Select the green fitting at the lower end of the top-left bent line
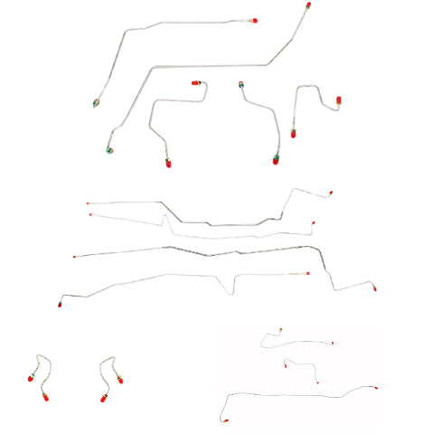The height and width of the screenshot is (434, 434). (x=96, y=102)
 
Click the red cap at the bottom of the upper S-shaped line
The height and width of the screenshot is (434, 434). (x=167, y=164)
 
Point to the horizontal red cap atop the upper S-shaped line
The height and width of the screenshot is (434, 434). (x=195, y=83)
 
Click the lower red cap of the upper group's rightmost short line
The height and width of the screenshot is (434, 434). (x=294, y=134)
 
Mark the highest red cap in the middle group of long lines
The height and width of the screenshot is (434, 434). (x=330, y=193)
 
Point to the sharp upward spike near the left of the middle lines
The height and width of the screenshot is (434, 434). (x=165, y=215)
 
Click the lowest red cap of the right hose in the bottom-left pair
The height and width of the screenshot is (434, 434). (x=104, y=398)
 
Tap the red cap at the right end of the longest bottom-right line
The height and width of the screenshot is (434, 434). (x=375, y=388)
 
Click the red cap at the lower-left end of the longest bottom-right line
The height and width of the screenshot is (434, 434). (x=222, y=421)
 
